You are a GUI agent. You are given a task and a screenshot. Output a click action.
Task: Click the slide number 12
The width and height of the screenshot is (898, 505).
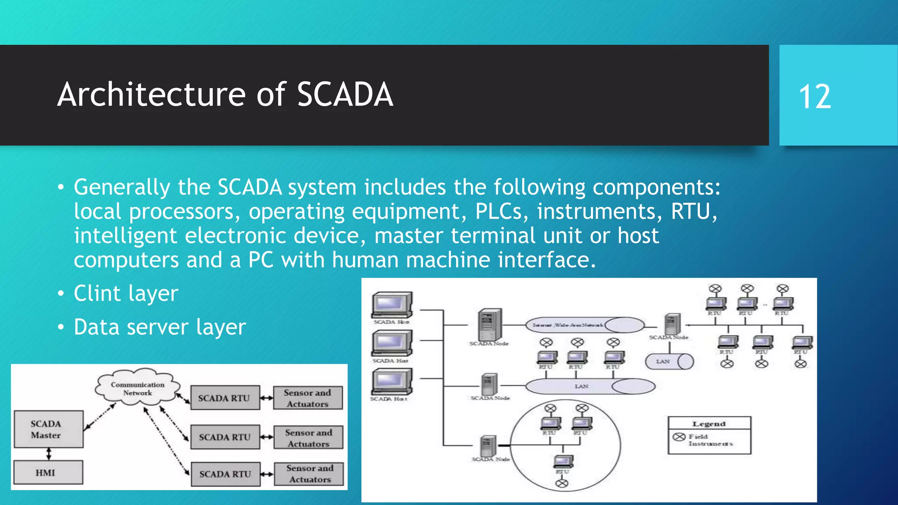click(815, 96)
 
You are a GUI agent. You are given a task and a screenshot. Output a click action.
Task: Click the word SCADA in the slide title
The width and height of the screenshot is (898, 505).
click(345, 95)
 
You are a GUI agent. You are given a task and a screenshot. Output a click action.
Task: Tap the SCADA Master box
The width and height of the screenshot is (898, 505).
click(48, 429)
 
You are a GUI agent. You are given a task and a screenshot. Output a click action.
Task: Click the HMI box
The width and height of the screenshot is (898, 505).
click(48, 472)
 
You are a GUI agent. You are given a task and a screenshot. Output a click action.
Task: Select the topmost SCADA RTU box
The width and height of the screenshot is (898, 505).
click(224, 398)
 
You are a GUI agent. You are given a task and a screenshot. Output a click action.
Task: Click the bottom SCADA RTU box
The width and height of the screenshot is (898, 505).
click(225, 474)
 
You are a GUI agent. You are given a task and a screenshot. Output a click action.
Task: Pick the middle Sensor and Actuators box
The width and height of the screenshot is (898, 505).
click(308, 437)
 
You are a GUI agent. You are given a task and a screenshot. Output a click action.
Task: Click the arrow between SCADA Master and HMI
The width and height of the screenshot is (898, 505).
click(49, 454)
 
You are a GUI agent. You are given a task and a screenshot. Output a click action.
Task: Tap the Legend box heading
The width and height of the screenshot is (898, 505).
click(709, 423)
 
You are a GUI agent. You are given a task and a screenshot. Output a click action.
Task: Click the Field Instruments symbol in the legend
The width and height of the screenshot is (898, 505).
click(679, 437)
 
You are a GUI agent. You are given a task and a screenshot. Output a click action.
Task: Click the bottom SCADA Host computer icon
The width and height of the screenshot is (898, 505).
click(392, 382)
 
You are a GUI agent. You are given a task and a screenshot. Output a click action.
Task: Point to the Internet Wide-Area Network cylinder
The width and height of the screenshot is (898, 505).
click(585, 325)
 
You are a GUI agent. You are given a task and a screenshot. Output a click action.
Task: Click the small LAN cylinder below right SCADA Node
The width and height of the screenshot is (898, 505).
click(669, 362)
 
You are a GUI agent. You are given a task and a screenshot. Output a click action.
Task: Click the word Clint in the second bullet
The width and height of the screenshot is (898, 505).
click(97, 293)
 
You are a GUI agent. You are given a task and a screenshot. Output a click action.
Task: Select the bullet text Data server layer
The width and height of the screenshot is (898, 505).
click(160, 327)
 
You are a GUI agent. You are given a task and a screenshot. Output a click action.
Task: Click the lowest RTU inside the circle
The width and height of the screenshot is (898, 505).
click(563, 462)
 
